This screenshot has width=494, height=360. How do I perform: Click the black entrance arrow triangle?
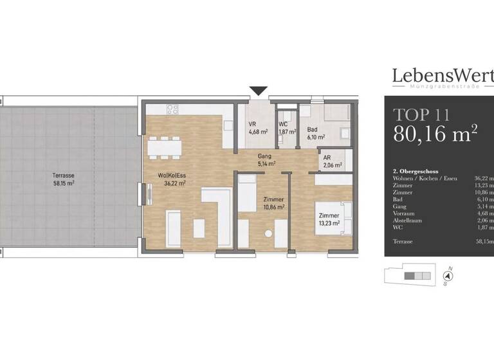click(259, 91)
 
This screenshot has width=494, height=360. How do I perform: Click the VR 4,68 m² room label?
click(257, 128)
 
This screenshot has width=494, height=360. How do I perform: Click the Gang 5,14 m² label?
click(265, 160)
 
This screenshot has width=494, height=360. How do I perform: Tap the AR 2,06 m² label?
click(332, 161)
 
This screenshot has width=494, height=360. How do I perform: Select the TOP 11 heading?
click(421, 115)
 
